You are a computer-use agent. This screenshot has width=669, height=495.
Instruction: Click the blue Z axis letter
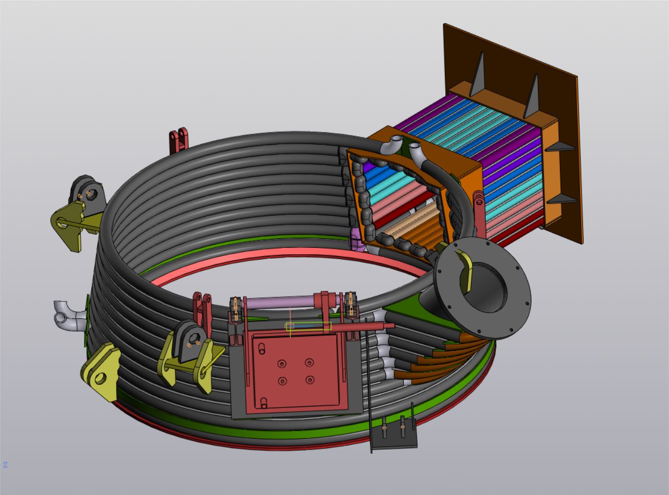click(x=5, y=464)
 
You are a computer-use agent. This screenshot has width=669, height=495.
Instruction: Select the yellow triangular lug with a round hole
click(x=100, y=372)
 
